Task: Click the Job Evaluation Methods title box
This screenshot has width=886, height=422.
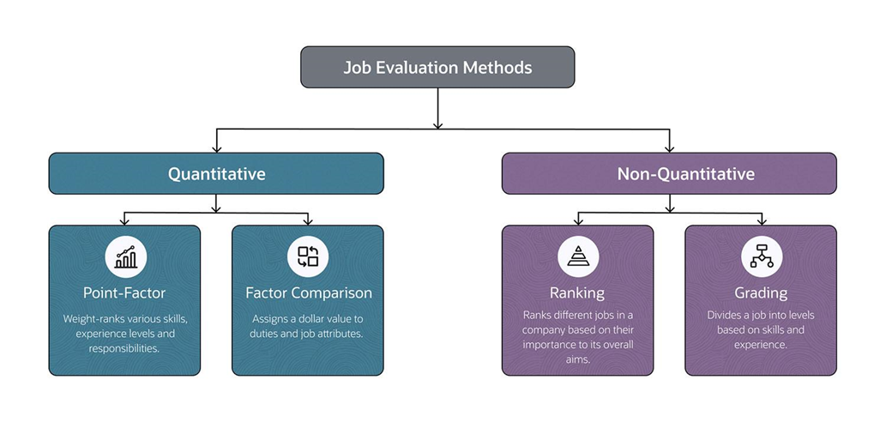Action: (x=437, y=67)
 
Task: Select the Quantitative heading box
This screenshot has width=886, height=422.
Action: (x=216, y=174)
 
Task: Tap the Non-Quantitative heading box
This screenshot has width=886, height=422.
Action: (x=669, y=174)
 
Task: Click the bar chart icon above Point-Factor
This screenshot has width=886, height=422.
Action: (x=125, y=256)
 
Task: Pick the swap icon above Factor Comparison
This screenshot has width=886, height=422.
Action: (x=308, y=256)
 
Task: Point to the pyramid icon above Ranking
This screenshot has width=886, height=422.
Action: (x=577, y=256)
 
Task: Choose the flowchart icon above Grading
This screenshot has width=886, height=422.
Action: (x=761, y=256)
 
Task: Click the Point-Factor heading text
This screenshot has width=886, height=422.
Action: (x=125, y=292)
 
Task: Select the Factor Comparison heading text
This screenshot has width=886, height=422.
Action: (x=309, y=292)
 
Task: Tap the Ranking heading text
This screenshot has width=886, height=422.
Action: (x=577, y=292)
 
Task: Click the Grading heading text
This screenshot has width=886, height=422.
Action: (x=761, y=292)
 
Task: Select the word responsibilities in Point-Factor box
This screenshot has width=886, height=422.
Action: (x=125, y=348)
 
